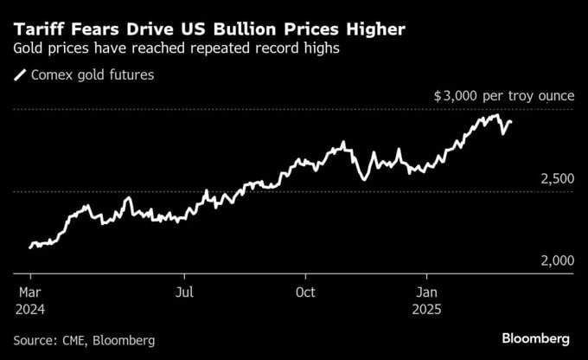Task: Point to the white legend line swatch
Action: [21, 75]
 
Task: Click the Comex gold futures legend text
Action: [93, 75]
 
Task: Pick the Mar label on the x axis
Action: [29, 292]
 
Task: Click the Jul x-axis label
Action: [184, 292]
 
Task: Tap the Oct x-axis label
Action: [304, 292]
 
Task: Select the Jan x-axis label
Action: [426, 292]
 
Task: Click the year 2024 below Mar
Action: [31, 308]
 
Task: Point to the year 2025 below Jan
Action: [429, 308]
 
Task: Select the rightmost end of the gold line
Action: [511, 122]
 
